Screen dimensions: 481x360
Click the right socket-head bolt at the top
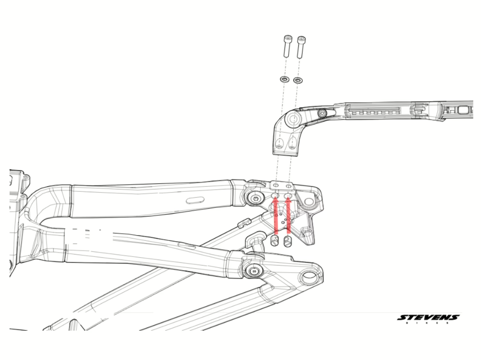pos(301,47)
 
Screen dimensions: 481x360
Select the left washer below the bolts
pos(284,80)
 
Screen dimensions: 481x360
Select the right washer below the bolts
pos(298,81)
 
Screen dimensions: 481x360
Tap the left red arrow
pos(275,215)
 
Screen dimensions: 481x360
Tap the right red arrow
pos(288,215)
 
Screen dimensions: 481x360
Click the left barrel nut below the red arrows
pos(274,241)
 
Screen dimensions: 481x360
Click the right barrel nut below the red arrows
pos(288,241)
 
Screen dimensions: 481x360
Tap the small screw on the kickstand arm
pos(322,114)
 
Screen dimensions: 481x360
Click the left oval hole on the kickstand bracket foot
pos(280,143)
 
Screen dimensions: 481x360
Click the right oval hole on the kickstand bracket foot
pos(293,143)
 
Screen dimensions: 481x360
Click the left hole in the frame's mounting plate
pos(276,186)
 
